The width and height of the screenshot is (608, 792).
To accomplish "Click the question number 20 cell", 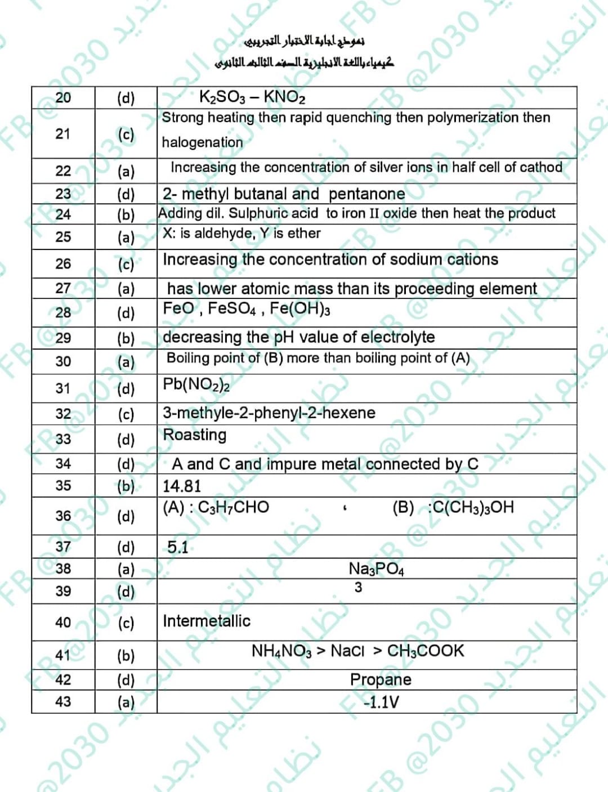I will click(x=63, y=97).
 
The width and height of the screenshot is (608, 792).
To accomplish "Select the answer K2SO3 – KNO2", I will click(x=252, y=97).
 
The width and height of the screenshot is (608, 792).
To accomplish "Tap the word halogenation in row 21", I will click(x=202, y=142).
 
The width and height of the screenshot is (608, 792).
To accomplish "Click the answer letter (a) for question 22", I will click(x=126, y=171).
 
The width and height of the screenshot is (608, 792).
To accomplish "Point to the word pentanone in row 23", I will click(x=366, y=194).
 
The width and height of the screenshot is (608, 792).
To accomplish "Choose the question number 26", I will click(x=63, y=263).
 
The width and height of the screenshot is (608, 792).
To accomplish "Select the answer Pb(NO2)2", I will click(x=196, y=384).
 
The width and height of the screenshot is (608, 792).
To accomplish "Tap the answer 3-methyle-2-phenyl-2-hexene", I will click(x=269, y=413).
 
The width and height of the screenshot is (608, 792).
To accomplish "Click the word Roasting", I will click(x=194, y=435).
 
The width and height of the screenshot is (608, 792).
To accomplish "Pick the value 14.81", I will click(x=181, y=486).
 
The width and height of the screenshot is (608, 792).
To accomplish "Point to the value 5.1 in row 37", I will click(x=178, y=547).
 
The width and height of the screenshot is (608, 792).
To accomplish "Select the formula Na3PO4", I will click(x=376, y=569).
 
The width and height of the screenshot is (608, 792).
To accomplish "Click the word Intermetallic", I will click(x=206, y=621).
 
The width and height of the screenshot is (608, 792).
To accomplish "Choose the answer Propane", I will click(x=380, y=679).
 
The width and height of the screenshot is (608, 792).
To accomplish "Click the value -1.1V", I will click(x=381, y=702).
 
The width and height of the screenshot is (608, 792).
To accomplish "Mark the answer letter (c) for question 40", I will click(x=126, y=623).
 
